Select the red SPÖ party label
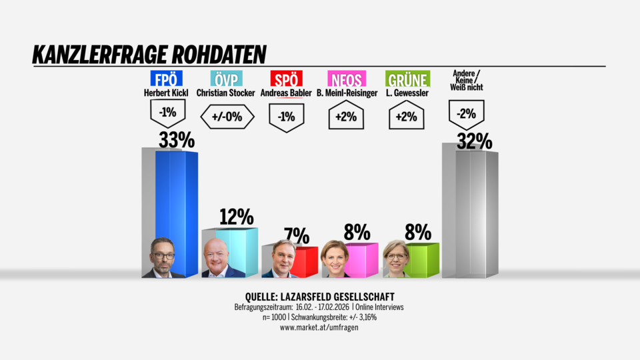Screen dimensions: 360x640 click(286, 79)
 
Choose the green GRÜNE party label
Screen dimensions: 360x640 click(407, 79)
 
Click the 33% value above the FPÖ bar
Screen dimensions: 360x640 click(176, 140)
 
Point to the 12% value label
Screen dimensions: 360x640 click(236, 217)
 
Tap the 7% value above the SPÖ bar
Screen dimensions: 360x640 click(296, 235)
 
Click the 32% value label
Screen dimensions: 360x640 click(474, 141)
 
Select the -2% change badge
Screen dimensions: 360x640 click(466, 114)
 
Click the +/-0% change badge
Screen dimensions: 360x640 click(226, 116)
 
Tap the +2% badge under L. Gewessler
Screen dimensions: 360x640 click(407, 117)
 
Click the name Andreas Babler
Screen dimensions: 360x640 click(286, 93)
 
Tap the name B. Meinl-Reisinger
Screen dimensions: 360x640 click(347, 93)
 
